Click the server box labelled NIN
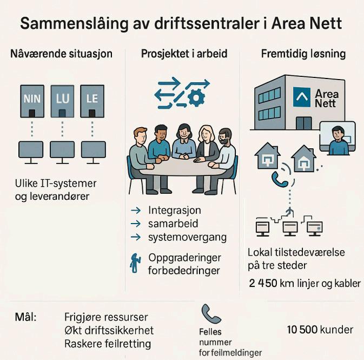31,101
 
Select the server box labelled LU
62,101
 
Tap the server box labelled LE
92,101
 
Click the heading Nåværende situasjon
61,54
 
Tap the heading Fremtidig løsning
303,54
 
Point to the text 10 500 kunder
320,330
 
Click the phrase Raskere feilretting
107,344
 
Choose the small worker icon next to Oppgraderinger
135,262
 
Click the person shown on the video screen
338,140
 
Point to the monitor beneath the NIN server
31,150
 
